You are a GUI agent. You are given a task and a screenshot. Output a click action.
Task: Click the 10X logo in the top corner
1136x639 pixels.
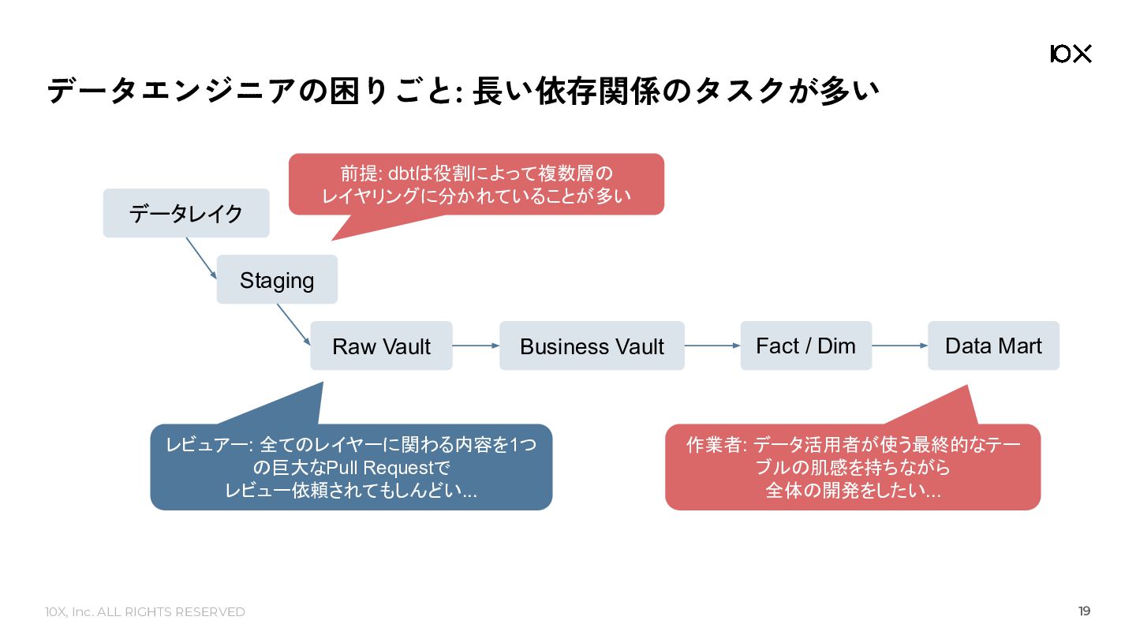1071,54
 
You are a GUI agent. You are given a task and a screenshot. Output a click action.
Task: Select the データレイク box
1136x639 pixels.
186,213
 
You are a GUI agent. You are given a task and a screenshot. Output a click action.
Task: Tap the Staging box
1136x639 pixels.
277,279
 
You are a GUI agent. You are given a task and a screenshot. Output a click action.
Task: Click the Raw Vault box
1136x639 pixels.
381,346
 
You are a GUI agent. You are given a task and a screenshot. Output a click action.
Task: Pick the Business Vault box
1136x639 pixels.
592,346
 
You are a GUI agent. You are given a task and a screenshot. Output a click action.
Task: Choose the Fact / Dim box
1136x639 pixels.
806,346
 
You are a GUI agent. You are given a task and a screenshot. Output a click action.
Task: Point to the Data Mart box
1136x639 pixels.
993,346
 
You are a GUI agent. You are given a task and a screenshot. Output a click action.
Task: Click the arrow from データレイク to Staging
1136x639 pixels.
201,258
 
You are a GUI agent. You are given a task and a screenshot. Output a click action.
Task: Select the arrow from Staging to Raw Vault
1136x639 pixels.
293,324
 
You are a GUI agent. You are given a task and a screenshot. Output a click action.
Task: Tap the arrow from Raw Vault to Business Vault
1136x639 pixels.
476,346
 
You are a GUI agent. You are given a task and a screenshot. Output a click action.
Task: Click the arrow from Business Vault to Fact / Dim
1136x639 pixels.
712,346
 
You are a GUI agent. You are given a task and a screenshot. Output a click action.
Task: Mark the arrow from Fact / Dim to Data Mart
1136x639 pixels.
899,346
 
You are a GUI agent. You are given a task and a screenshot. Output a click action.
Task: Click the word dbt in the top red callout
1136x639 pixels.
402,174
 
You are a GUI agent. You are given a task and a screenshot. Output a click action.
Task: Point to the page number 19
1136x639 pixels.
1084,611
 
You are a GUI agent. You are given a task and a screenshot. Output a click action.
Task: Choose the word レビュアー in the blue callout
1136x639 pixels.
207,445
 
